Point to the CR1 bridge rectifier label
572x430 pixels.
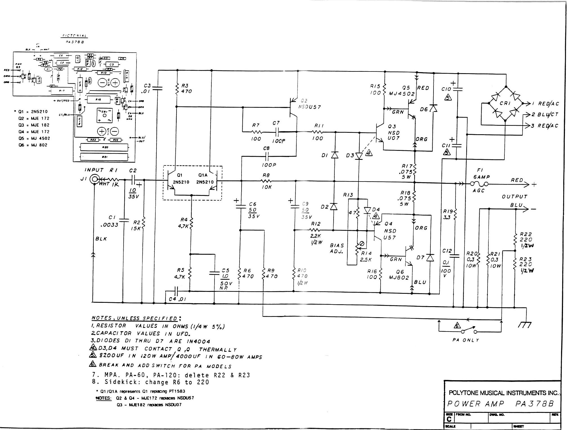[505, 103]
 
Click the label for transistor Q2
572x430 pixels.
[304, 100]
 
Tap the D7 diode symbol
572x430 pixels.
[430, 257]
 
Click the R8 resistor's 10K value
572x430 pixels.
[266, 187]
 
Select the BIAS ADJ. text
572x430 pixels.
[337, 248]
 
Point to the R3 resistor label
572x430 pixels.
[185, 85]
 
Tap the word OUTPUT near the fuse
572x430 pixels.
[514, 196]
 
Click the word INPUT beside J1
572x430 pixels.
[94, 170]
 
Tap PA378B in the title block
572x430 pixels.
[535, 404]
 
